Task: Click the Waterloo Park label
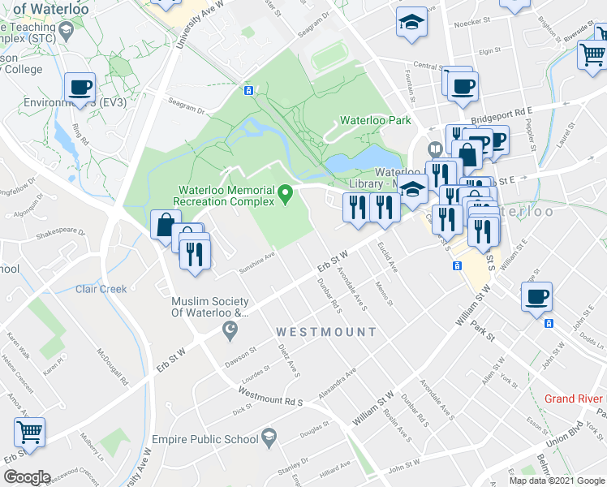click(375, 120)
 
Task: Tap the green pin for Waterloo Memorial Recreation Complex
click(285, 193)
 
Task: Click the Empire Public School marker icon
click(268, 439)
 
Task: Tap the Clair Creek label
click(101, 289)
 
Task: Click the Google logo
click(26, 476)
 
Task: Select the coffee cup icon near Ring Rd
click(80, 87)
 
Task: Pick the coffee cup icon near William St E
click(536, 296)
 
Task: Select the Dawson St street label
click(241, 354)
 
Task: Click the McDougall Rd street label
click(114, 366)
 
